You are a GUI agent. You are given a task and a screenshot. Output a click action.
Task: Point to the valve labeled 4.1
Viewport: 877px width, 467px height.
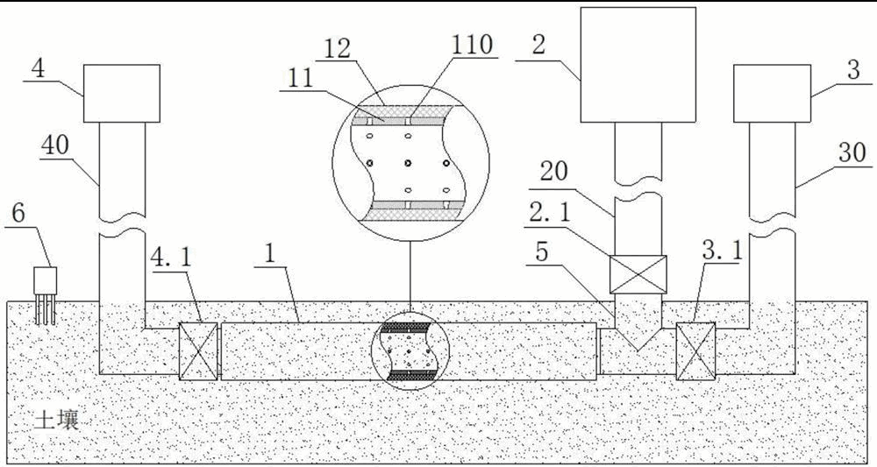[198, 350]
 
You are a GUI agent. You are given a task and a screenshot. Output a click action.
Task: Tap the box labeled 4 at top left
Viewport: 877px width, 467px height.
[122, 93]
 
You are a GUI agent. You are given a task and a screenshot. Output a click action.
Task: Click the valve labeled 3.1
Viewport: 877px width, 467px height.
[696, 350]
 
